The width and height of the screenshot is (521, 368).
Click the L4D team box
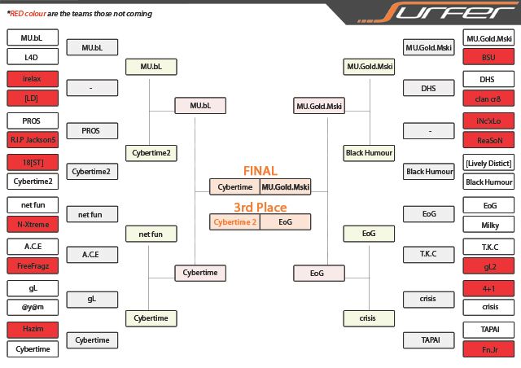click(x=31, y=57)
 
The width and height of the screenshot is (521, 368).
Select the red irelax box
click(x=31, y=79)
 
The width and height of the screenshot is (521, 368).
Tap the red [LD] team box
click(x=31, y=99)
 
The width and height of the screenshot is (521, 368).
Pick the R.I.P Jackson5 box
click(x=31, y=140)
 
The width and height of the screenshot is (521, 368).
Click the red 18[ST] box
click(x=31, y=162)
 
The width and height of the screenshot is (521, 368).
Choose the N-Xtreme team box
click(x=31, y=224)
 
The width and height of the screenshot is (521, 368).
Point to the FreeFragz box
click(x=31, y=265)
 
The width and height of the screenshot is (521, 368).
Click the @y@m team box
click(x=31, y=308)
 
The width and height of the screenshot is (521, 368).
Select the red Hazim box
click(x=31, y=329)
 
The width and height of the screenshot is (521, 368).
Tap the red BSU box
click(x=488, y=57)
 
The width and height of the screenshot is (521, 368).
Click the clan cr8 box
click(x=488, y=99)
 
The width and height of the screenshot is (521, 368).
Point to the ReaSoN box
click(x=488, y=140)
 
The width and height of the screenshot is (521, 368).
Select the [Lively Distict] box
click(x=488, y=162)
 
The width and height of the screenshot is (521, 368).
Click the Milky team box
click(x=488, y=224)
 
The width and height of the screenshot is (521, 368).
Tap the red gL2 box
click(x=488, y=265)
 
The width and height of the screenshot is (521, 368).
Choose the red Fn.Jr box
click(x=488, y=349)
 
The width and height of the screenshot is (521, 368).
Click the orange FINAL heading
click(x=260, y=171)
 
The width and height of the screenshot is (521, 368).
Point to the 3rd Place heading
click(x=260, y=207)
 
